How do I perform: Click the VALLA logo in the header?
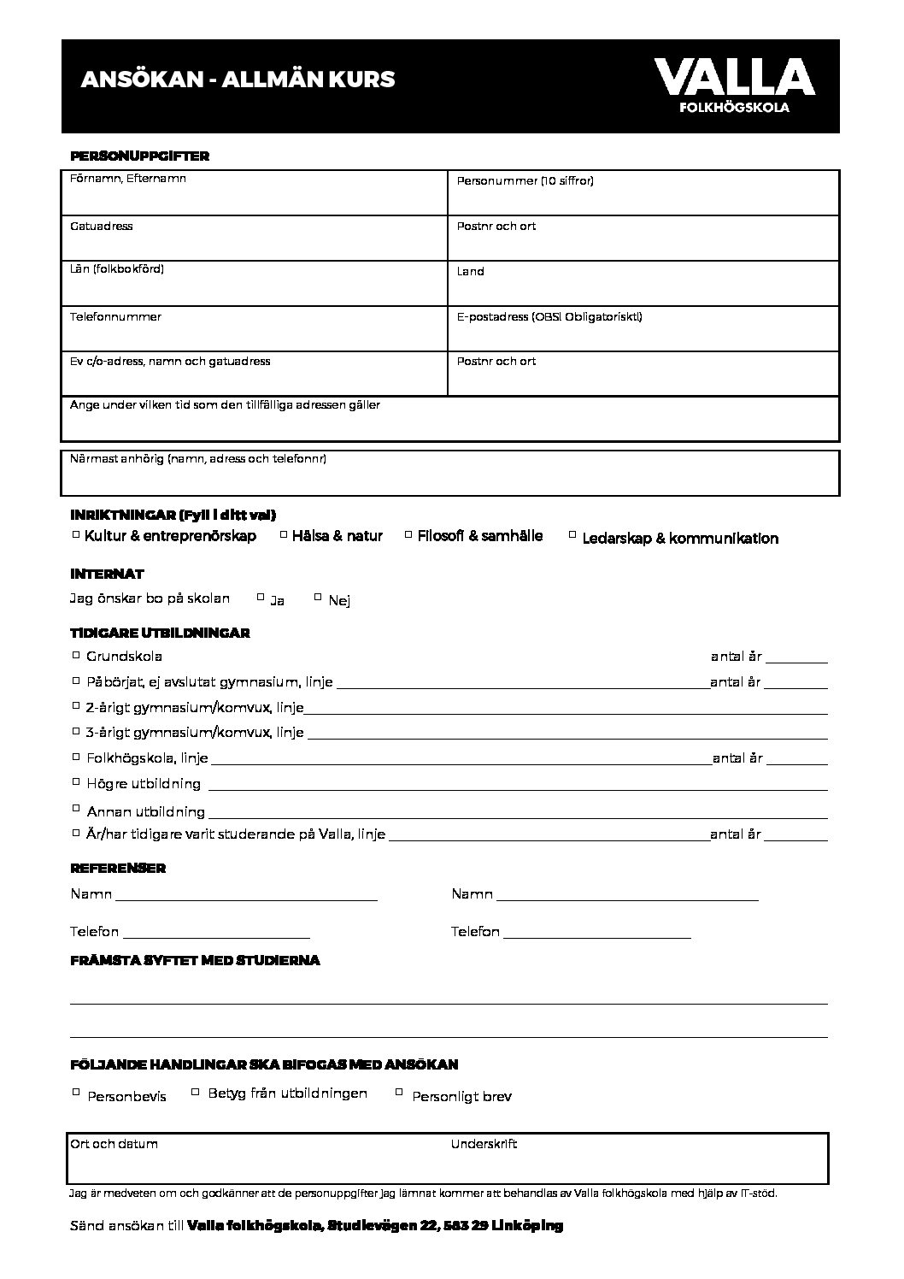[x=734, y=84]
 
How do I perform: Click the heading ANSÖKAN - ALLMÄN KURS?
[x=238, y=80]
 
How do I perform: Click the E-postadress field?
[x=643, y=329]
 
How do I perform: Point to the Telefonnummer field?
[x=255, y=329]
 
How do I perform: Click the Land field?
[x=643, y=284]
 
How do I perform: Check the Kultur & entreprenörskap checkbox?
[x=76, y=535]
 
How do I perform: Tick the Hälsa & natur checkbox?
[x=284, y=535]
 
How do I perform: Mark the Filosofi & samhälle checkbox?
[x=408, y=535]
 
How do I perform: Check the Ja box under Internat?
[x=261, y=598]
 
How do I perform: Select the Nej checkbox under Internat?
[x=318, y=598]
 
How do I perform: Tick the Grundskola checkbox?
[x=76, y=656]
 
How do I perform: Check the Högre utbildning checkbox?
[x=76, y=782]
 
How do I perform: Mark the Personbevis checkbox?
[x=76, y=1092]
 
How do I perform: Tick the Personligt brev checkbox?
[x=399, y=1092]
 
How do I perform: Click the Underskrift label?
[x=484, y=1144]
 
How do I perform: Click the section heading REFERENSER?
[x=118, y=868]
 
